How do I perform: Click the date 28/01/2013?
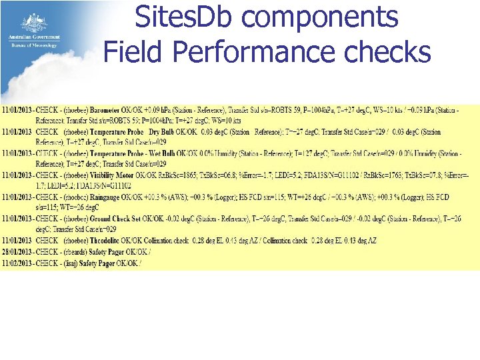(x=19, y=252)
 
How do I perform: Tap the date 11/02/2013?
(x=19, y=263)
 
